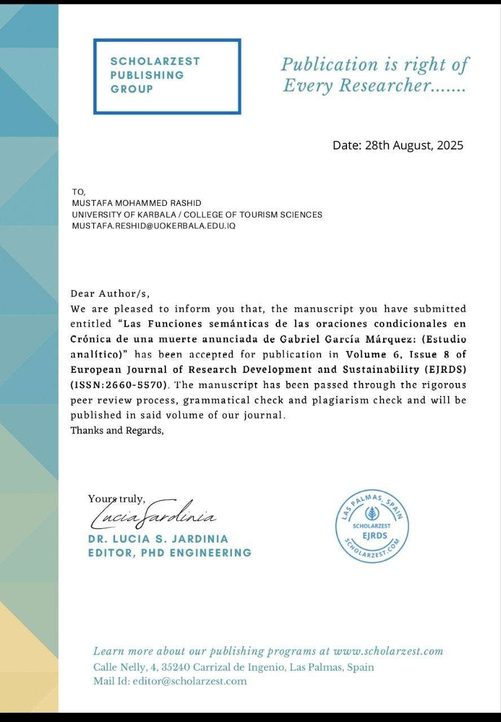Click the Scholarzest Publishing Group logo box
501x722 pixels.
167,76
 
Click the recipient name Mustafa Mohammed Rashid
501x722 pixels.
137,203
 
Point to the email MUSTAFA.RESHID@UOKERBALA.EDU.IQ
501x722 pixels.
153,226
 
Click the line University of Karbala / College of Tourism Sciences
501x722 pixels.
197,214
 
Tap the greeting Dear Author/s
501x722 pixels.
111,293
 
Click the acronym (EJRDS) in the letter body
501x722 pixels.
445,370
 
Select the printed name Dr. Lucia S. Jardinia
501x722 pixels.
159,539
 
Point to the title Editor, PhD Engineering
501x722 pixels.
170,553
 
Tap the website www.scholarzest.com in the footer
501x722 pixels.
388,651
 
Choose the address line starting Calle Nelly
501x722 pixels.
234,667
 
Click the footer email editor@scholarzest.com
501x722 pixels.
190,681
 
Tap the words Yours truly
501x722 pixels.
117,499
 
